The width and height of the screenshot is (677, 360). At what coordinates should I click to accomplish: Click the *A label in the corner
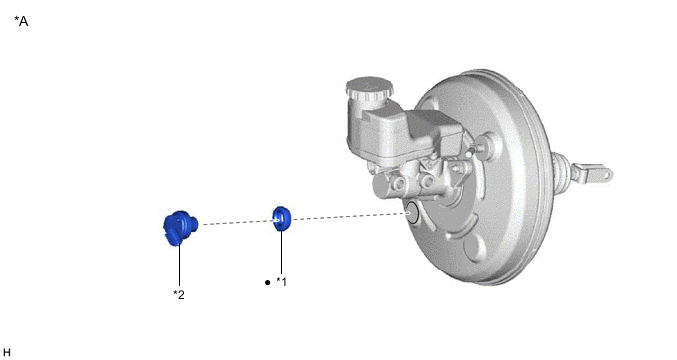pyautogui.click(x=21, y=21)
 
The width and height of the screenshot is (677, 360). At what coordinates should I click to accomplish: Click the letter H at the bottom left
pyautogui.click(x=7, y=353)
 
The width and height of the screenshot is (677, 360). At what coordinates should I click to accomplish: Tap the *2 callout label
pyautogui.click(x=179, y=295)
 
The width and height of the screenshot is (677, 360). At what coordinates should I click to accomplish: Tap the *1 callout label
pyautogui.click(x=281, y=282)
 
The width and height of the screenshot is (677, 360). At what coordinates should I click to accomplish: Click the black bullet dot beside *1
pyautogui.click(x=267, y=282)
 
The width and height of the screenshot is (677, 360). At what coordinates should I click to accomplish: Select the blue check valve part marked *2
pyautogui.click(x=180, y=228)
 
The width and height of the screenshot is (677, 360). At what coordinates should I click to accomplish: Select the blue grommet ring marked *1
pyautogui.click(x=281, y=218)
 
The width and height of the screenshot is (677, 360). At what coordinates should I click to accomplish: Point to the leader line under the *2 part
pyautogui.click(x=180, y=267)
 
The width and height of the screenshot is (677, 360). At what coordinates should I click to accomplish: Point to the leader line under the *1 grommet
pyautogui.click(x=282, y=253)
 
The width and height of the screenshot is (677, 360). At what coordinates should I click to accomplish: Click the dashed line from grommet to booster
pyautogui.click(x=349, y=216)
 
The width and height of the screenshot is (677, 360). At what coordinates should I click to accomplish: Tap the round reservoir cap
pyautogui.click(x=369, y=89)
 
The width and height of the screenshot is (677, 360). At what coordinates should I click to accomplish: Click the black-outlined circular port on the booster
pyautogui.click(x=412, y=212)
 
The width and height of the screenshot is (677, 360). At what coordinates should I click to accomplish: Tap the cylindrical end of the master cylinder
pyautogui.click(x=381, y=186)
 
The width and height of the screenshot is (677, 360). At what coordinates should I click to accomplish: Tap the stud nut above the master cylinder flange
pyautogui.click(x=482, y=142)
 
